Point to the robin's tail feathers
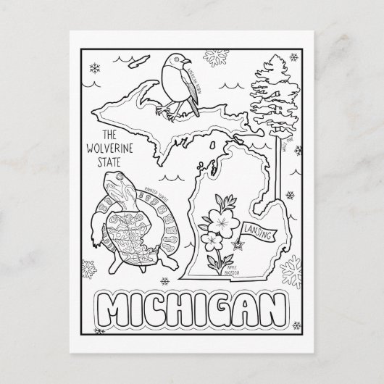point(194,109)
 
